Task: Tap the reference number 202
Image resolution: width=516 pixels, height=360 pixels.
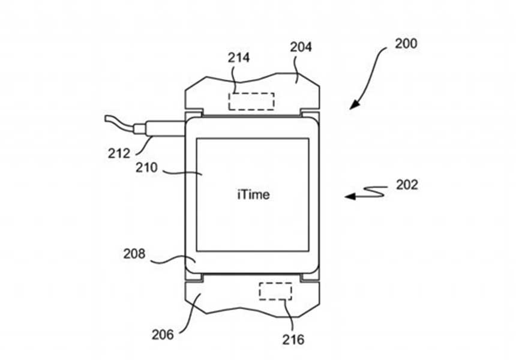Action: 407,185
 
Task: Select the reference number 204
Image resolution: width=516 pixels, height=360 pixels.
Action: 301,47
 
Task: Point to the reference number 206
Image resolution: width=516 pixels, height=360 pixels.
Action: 162,334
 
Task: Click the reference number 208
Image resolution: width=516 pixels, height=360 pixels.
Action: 134,254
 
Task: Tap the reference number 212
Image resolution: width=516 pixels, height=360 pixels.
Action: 119,152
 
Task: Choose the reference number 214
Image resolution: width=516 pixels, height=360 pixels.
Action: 238,58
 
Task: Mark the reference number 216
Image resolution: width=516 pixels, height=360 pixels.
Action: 293,340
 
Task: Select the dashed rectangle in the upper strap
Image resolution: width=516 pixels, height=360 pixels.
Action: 251,101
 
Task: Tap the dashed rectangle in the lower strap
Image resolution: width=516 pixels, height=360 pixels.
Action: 275,291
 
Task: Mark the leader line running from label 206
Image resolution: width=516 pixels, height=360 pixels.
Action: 189,315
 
